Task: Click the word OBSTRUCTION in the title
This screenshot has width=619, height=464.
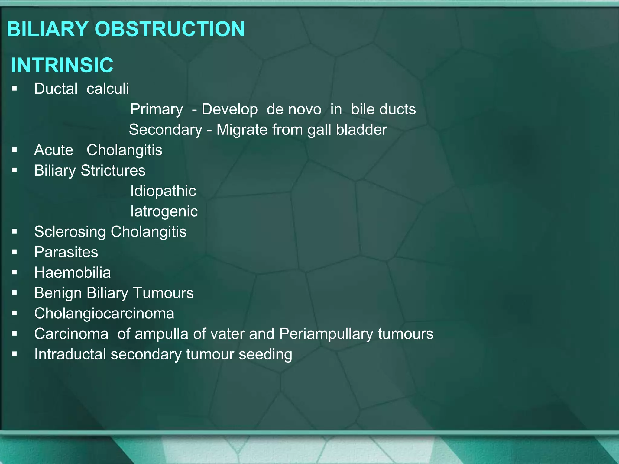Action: coord(170,29)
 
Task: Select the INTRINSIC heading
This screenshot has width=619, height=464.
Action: coord(62,65)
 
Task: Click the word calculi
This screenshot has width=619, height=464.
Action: coord(108,89)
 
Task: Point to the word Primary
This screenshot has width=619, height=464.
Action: coord(156,109)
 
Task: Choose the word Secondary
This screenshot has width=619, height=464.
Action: coord(166,130)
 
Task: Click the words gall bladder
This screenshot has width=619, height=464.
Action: coord(347,130)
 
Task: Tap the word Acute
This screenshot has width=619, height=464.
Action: coord(54,150)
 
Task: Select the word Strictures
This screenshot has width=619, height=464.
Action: coord(113,170)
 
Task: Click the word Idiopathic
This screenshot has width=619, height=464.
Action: coord(163,191)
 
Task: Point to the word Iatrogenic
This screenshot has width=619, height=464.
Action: coord(164,211)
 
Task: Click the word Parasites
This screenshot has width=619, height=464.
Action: coord(66,252)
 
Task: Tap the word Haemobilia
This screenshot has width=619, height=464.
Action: coord(73,272)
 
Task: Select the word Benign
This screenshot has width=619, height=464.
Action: coord(58,293)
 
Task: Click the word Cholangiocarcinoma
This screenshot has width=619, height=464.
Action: coord(104,313)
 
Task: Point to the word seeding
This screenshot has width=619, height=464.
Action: coord(265,354)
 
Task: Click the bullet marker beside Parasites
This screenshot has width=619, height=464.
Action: coord(15,252)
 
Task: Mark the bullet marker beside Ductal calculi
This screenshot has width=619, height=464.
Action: coord(15,89)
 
